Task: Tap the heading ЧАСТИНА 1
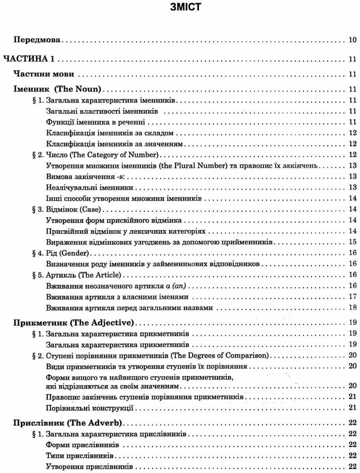28,60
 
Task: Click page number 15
353,242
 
